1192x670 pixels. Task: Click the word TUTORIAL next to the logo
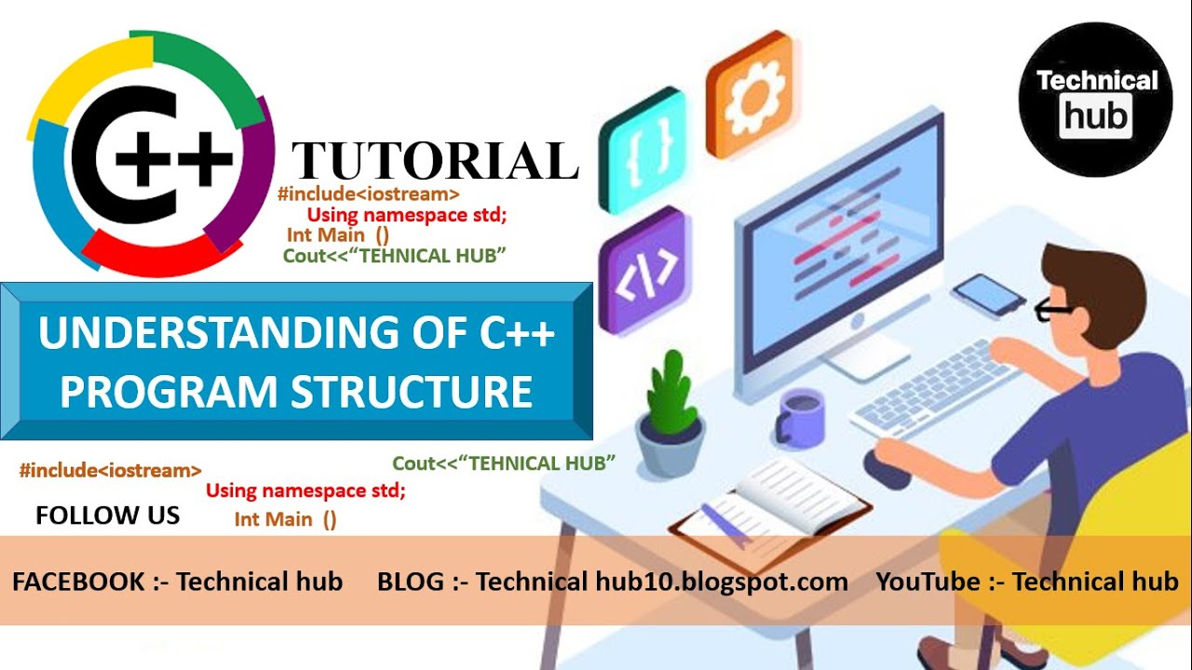[435, 160]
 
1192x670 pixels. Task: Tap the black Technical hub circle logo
[1096, 100]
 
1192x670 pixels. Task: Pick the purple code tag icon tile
[645, 270]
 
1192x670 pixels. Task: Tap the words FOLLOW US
[107, 516]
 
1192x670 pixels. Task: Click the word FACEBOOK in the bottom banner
[79, 583]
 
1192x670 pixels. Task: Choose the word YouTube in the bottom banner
[928, 583]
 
